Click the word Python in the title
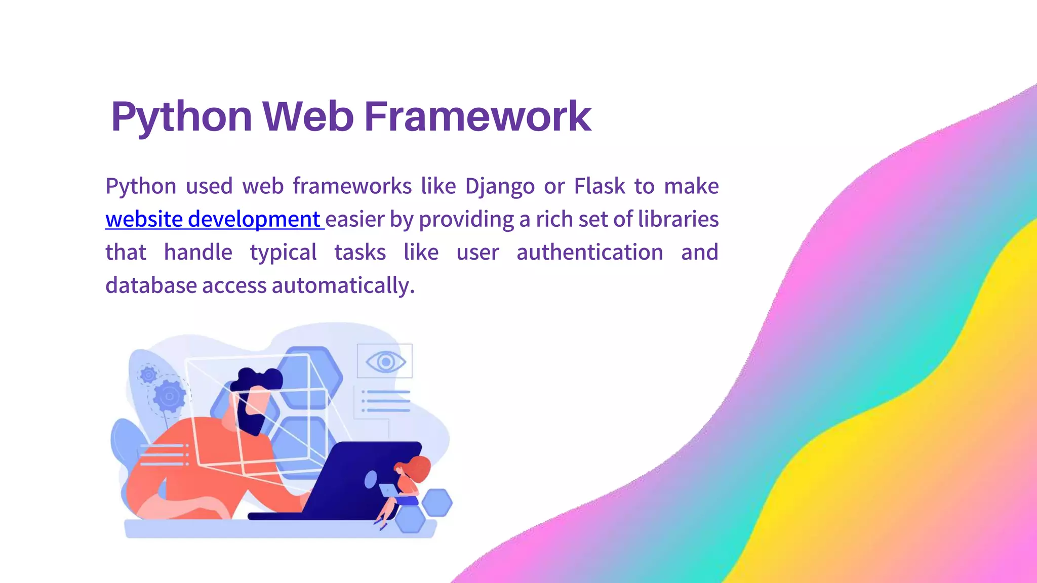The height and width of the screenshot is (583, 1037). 181,117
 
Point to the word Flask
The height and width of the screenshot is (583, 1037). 600,186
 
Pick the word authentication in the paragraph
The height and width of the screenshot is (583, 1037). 589,252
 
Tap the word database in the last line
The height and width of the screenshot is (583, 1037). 151,285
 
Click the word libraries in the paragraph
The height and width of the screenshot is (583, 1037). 678,219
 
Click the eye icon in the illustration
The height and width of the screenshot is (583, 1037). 385,361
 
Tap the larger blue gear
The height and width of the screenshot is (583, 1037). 169,396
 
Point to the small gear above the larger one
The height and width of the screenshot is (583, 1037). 148,375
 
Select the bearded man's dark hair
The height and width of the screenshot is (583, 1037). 257,379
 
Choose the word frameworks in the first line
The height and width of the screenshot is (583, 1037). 352,186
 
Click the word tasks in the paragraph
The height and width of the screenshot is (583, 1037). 360,252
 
